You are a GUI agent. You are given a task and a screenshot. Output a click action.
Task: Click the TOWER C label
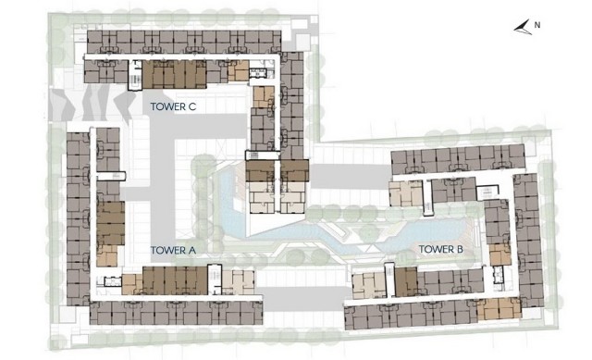tap(173, 106)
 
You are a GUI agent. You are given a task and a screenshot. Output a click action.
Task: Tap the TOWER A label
tap(173, 250)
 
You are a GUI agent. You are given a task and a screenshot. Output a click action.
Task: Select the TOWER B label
tap(441, 249)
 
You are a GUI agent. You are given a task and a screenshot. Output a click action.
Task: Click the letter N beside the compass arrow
tap(537, 25)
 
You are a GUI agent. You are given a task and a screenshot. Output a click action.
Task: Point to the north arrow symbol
tap(523, 29)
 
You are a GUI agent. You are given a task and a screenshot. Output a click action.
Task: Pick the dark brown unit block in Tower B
tap(406, 281)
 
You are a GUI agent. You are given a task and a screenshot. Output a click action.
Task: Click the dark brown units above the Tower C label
tap(175, 74)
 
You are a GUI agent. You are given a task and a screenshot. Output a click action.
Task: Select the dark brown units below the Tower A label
tap(175, 280)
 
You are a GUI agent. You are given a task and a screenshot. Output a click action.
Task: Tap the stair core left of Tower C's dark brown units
tap(135, 75)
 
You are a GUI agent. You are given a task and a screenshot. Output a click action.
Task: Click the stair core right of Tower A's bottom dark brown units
tap(215, 279)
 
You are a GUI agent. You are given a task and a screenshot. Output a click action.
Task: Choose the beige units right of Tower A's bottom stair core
tap(239, 282)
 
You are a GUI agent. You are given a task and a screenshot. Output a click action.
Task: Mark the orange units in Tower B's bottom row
tap(499, 308)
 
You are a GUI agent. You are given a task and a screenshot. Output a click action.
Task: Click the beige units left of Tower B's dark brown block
tap(368, 285)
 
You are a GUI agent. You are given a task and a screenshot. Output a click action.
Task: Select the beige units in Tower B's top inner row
tap(405, 193)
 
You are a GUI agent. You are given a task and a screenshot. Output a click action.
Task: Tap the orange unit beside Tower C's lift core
tap(239, 71)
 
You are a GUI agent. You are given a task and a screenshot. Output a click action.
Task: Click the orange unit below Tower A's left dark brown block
tap(107, 255)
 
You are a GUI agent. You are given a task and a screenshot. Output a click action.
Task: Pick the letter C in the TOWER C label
tap(192, 106)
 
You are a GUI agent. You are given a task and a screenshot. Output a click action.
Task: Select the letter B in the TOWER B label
tap(460, 249)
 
